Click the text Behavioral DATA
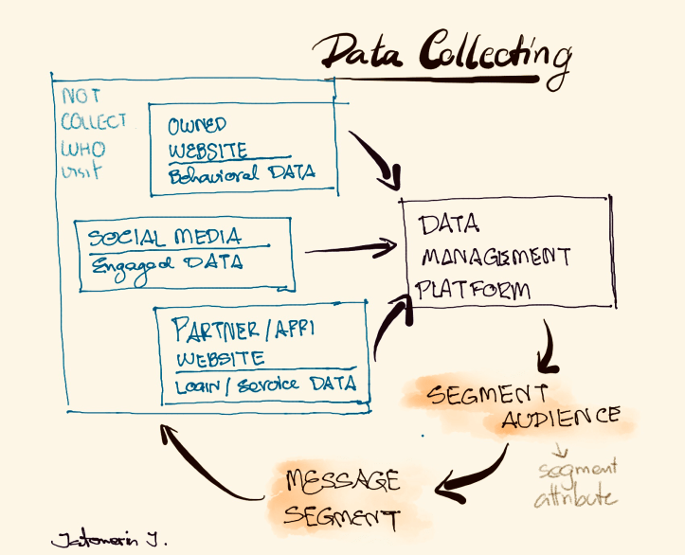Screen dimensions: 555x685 coord(241,174)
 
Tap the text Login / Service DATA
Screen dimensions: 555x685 coord(264,384)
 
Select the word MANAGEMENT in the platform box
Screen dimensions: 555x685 coord(496,257)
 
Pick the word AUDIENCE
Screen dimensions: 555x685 coord(562,417)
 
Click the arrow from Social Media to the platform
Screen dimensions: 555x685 coord(351,250)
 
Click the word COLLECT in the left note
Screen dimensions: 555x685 coord(93,122)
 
